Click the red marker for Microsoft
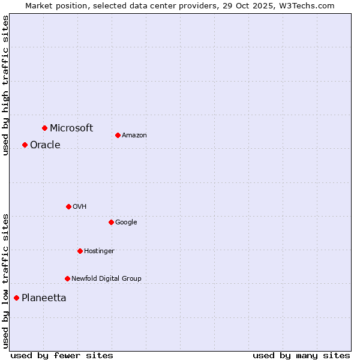coord(44,128)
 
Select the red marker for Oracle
coord(25,145)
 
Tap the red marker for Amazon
coord(118,135)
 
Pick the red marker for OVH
coord(68,206)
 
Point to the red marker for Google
coord(111,222)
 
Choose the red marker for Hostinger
coord(80,251)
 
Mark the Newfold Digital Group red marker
coord(67,278)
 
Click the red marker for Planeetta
coord(16,298)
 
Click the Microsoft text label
coord(71,128)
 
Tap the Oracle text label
coord(45,145)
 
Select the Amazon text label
coord(134,135)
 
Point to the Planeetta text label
coord(44,298)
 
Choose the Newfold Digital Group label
coord(106,278)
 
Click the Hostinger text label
coord(99,251)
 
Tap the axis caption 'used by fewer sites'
coord(62,355)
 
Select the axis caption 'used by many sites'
coord(301,355)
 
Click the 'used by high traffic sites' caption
coord(5,85)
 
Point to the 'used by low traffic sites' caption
coord(5,280)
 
